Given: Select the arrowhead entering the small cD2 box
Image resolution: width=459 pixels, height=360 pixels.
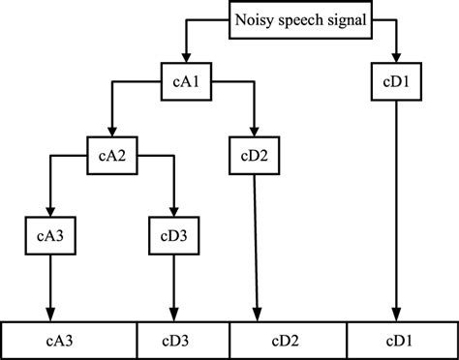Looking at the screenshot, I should tap(253, 134).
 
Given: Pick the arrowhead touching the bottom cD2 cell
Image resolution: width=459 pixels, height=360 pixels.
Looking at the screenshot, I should tap(257, 315).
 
